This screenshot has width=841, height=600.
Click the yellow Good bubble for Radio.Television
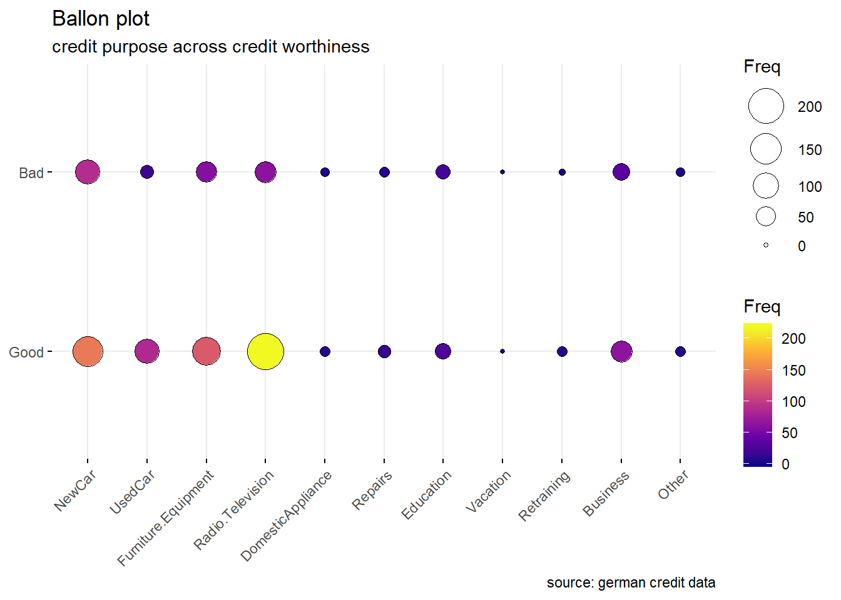[x=265, y=351]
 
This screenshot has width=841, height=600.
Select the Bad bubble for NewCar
[x=88, y=172]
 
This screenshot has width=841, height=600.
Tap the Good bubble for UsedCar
[x=147, y=351]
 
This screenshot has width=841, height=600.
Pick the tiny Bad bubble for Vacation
[x=502, y=172]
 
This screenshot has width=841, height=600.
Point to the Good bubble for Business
[x=621, y=351]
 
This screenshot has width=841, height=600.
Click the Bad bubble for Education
[x=443, y=172]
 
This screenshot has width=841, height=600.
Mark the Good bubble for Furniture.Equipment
[x=206, y=351]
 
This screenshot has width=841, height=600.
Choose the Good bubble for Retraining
[x=562, y=351]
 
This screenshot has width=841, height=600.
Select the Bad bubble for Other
[x=680, y=172]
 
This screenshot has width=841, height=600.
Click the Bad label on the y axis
[x=31, y=173]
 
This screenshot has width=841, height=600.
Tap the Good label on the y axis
[x=26, y=352]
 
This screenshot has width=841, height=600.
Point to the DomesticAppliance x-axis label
[x=286, y=516]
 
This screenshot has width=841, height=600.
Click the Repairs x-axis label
[x=372, y=490]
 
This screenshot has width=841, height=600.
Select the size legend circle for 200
[x=766, y=106]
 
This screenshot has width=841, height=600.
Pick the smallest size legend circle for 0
[x=766, y=245]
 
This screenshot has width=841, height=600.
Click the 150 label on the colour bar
[x=793, y=370]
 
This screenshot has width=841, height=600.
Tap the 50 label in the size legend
[x=806, y=217]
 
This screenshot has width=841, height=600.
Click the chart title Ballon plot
[x=101, y=19]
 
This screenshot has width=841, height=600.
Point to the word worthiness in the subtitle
[x=326, y=47]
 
